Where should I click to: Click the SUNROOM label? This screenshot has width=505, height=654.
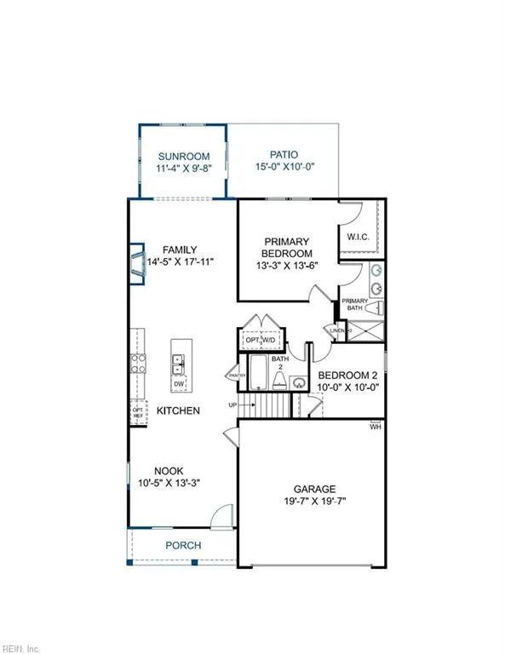click(x=178, y=156)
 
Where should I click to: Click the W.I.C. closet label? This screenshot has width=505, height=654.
click(x=358, y=238)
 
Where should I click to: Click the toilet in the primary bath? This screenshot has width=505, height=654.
click(x=379, y=309)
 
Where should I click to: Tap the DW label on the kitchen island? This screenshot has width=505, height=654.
click(x=179, y=384)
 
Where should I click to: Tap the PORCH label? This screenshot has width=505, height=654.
click(x=183, y=545)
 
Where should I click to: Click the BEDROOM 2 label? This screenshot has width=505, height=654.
click(x=347, y=375)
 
